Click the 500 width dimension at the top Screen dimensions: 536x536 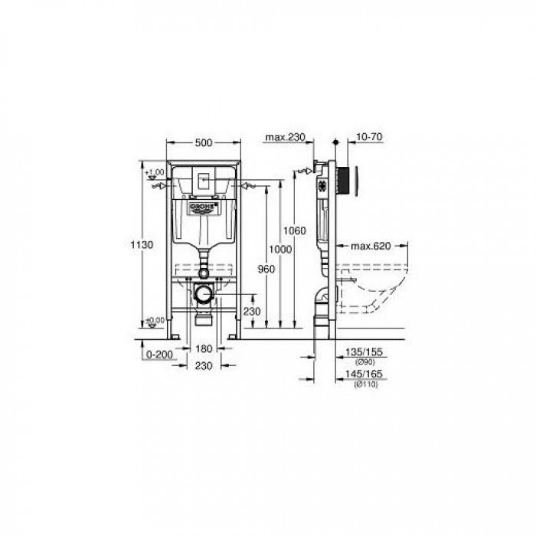[x=204, y=142]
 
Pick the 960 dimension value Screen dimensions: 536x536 [x=266, y=269]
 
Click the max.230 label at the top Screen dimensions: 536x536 [x=286, y=138]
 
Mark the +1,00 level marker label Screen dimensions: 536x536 [x=155, y=172]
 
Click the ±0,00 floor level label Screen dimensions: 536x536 [x=155, y=319]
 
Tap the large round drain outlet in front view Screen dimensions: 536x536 [x=203, y=293]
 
